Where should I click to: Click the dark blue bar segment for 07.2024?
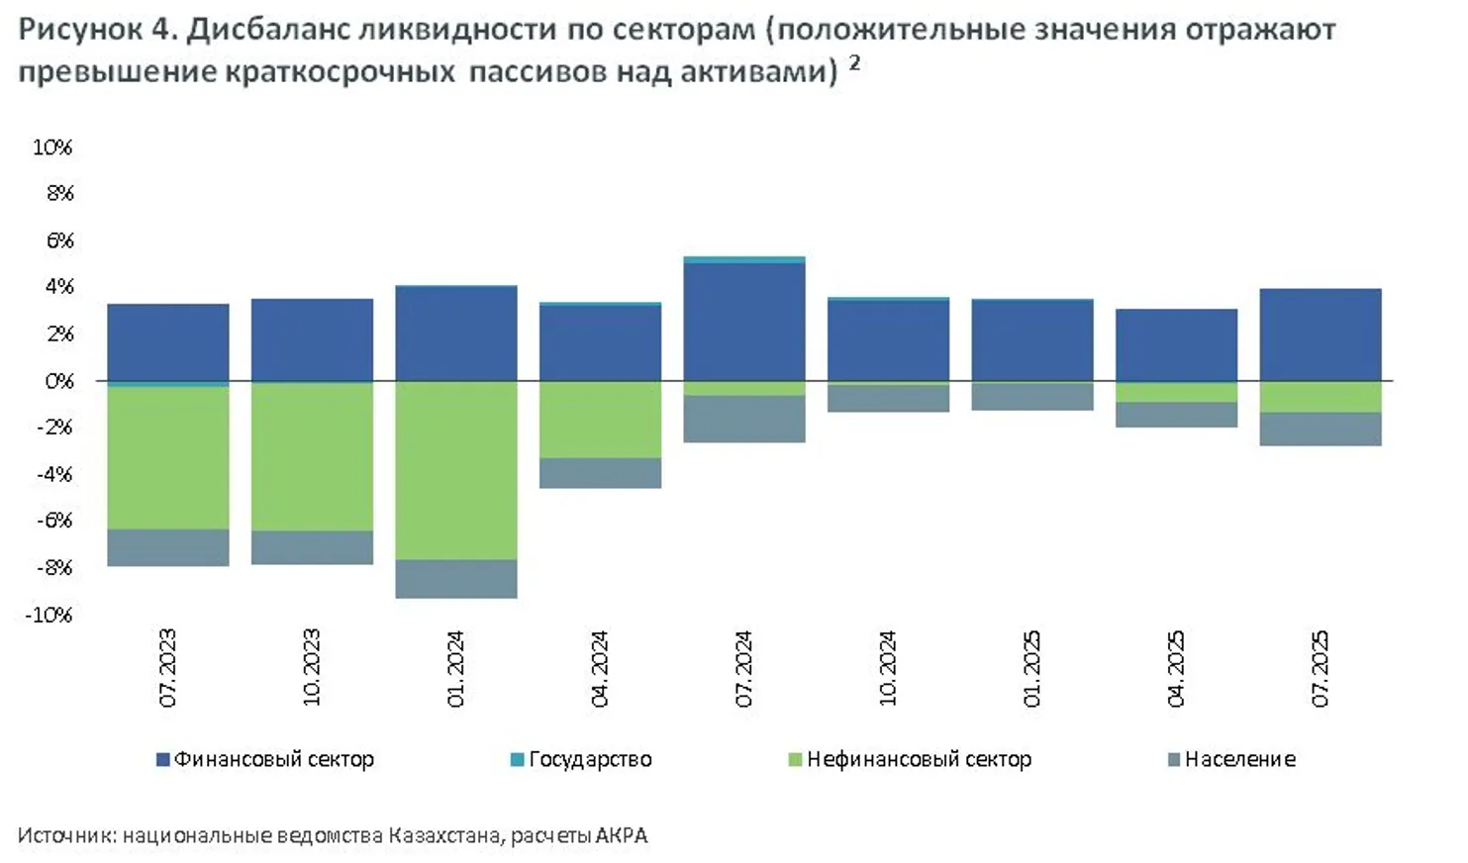point(743,322)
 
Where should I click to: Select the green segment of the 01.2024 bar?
point(455,470)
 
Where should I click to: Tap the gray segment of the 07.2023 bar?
point(168,547)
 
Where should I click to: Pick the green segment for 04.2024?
point(600,420)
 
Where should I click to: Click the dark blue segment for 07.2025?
point(1320,335)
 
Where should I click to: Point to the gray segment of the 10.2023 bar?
point(312,547)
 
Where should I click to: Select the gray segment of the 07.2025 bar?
point(1320,429)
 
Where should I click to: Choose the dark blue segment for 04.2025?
point(1176,344)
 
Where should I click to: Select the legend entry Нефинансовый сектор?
point(910,759)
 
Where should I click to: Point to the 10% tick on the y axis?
point(52,147)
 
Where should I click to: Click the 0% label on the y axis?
point(59,381)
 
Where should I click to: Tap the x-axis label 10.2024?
point(887,668)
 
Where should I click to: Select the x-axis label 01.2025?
point(1031,668)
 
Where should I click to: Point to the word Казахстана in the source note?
point(444,835)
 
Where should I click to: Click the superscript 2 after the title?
point(853,63)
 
